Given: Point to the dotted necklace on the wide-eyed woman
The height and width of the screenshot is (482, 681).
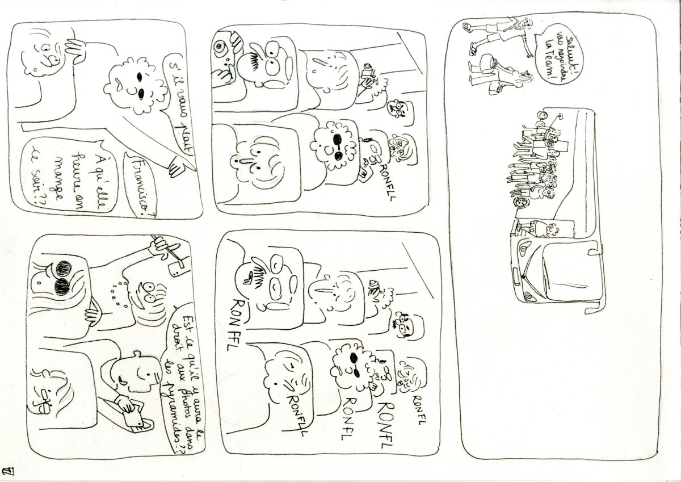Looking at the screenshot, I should [118, 290].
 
